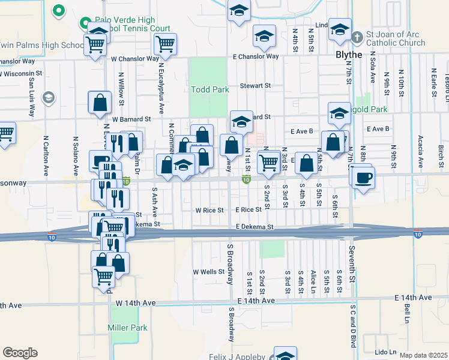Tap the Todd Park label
(210, 89)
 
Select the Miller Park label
(127, 328)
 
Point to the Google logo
(20, 352)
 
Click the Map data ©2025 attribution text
(423, 355)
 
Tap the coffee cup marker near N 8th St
(364, 178)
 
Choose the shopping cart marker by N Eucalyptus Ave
(164, 43)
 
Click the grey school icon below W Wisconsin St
(49, 98)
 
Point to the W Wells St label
(208, 272)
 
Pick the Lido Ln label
(385, 352)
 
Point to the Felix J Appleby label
(237, 357)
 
